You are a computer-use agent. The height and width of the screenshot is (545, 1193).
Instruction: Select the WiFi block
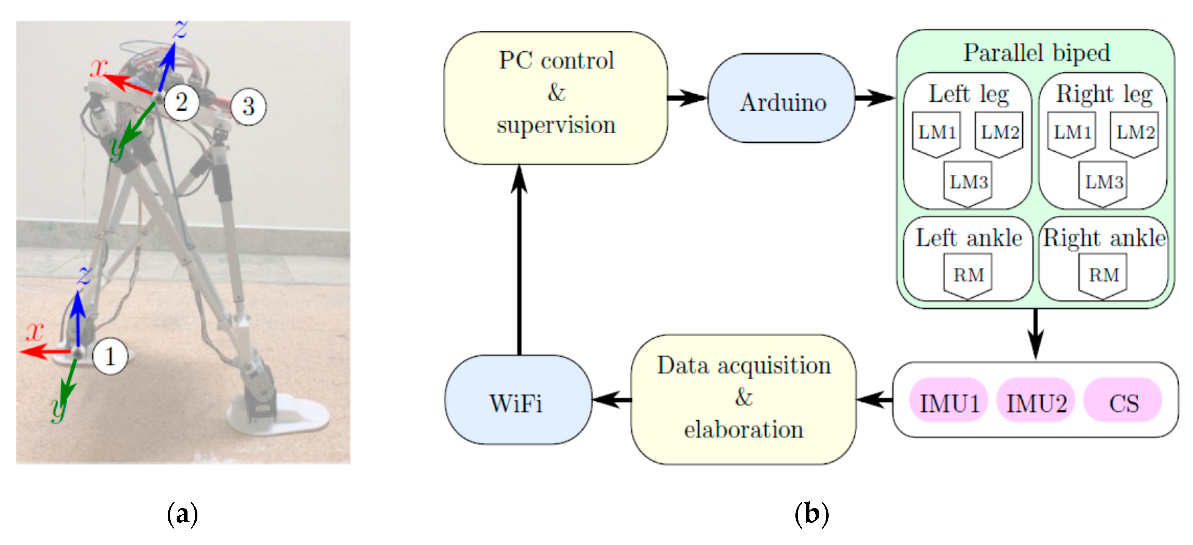tap(518, 400)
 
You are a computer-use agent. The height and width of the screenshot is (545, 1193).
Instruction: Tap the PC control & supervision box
tap(556, 98)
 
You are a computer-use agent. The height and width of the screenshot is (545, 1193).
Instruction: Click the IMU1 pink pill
tap(949, 401)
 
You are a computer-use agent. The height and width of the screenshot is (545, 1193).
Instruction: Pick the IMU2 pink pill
tap(1036, 401)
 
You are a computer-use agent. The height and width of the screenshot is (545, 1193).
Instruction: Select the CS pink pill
tap(1123, 401)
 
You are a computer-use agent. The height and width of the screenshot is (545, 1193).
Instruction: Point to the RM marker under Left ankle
tap(968, 276)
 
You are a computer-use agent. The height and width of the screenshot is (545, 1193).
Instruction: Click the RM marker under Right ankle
tap(1103, 276)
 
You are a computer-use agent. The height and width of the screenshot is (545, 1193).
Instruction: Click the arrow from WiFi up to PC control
tap(519, 259)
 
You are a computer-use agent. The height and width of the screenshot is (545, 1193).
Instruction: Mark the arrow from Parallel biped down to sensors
tap(1036, 333)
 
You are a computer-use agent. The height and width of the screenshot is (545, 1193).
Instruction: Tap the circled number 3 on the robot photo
tap(248, 107)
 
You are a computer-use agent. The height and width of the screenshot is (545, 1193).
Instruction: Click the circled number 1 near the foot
tap(110, 356)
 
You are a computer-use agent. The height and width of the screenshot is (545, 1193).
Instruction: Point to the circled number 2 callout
tap(181, 102)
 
